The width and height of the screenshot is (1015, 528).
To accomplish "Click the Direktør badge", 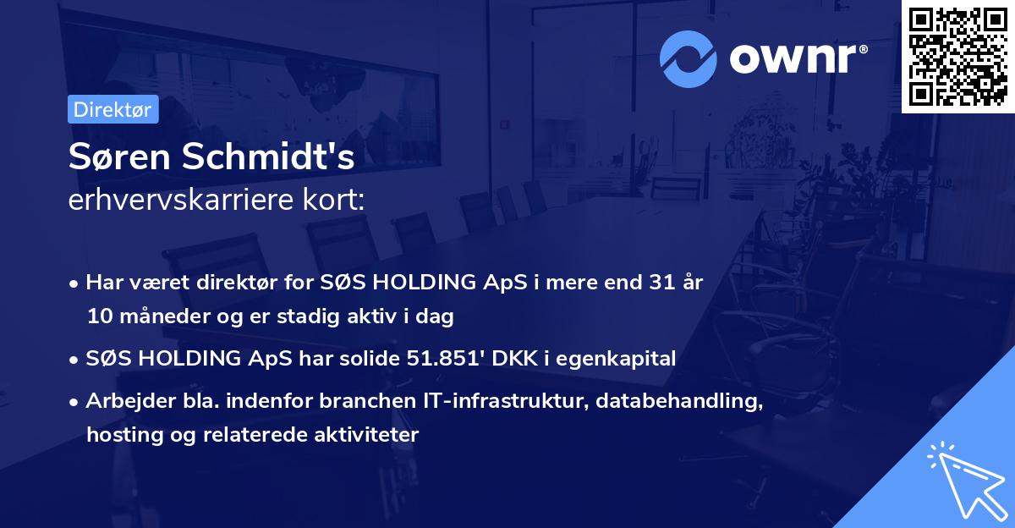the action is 112,109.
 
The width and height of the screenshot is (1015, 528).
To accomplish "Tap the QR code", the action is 957,57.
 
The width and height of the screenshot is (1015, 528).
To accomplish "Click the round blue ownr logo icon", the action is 688,59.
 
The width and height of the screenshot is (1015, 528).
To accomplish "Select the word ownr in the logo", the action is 793,58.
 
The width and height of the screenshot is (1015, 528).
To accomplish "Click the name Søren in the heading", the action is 119,157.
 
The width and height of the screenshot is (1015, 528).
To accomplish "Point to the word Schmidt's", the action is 268,156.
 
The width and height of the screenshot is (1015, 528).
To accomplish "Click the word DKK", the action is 514,358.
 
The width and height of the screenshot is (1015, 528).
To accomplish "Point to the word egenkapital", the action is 616,359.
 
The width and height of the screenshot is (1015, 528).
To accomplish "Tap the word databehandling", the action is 679,401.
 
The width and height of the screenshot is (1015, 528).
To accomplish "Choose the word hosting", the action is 125,435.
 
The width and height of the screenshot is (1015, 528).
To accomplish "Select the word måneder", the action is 164,316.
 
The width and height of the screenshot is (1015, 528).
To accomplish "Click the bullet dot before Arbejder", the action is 74,402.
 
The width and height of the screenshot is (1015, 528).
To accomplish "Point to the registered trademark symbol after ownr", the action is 863,49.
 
